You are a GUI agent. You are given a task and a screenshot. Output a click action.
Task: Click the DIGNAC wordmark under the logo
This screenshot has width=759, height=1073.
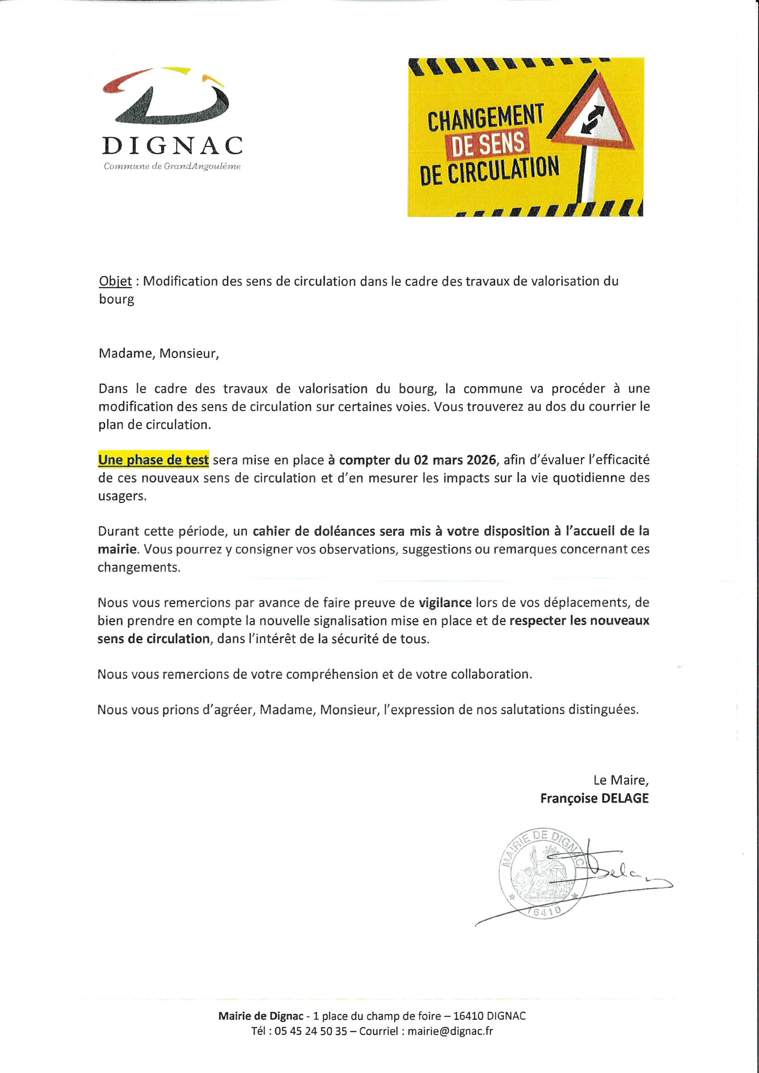pos(172,146)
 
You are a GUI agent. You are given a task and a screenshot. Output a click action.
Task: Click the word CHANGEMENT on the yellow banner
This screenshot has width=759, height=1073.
pos(485,118)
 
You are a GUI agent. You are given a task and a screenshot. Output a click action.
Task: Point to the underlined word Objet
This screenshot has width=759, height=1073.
pos(115,281)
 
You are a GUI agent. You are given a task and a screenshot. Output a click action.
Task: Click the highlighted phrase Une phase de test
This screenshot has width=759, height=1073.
pos(153,460)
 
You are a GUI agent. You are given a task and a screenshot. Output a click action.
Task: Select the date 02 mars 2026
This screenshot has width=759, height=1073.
pos(454,460)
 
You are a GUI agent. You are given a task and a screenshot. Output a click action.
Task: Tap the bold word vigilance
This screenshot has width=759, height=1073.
pos(445,603)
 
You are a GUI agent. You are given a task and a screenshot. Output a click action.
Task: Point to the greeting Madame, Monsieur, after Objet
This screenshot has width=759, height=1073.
pos(158,353)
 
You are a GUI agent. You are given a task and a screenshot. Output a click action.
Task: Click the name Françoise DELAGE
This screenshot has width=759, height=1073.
pos(594,798)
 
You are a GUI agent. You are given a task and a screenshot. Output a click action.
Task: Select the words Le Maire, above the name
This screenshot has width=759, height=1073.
pos(621,780)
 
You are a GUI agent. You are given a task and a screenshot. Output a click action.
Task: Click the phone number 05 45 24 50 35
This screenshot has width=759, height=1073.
pos(311,1031)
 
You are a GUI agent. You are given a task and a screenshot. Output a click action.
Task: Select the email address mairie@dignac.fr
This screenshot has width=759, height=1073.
pos(450,1031)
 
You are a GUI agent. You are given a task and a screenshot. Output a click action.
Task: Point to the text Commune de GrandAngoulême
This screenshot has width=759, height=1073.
pos(172,167)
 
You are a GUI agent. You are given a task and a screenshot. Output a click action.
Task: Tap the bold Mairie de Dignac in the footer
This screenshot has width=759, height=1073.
pos(260,1016)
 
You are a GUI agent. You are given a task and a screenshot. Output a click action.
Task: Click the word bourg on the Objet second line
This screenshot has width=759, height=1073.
pos(117,299)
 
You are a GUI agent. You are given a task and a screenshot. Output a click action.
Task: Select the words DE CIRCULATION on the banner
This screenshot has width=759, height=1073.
pos(489,171)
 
